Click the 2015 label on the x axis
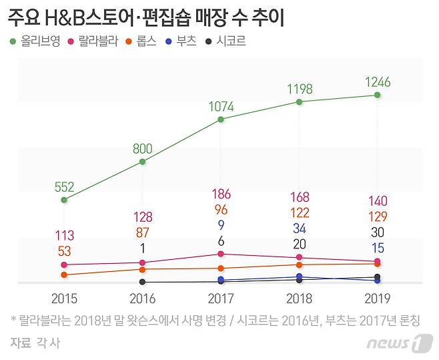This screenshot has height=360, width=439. pos(64,298)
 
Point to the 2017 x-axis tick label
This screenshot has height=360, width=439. pos(221,298)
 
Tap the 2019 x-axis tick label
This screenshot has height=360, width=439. pos(378,298)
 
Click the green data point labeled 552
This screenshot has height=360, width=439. pos(64,200)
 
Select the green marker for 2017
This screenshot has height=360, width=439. pos(221,120)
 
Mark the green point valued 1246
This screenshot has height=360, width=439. pos(378,95)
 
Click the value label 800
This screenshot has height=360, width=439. pos(142,149)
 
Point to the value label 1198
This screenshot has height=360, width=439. pos(300,88)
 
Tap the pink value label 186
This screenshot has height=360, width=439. pos(221,194)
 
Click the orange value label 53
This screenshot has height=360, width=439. pos(64,251)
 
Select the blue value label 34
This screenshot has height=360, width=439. pos(300,228)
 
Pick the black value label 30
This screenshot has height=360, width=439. pos(378,232)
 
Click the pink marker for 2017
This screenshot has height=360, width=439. pos(221,254)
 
